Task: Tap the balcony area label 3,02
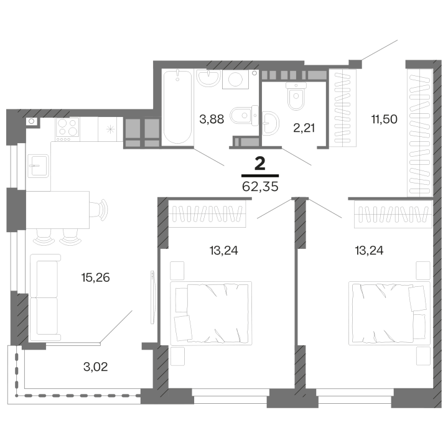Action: pos(95,366)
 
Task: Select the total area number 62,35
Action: pos(260,185)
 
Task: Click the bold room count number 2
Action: pos(259,164)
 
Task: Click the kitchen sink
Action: pos(39,166)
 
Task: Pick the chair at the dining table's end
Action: pos(101,209)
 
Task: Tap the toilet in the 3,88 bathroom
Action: pos(241,115)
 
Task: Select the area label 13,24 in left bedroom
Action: pos(224,251)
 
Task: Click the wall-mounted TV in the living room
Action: pos(153,296)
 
